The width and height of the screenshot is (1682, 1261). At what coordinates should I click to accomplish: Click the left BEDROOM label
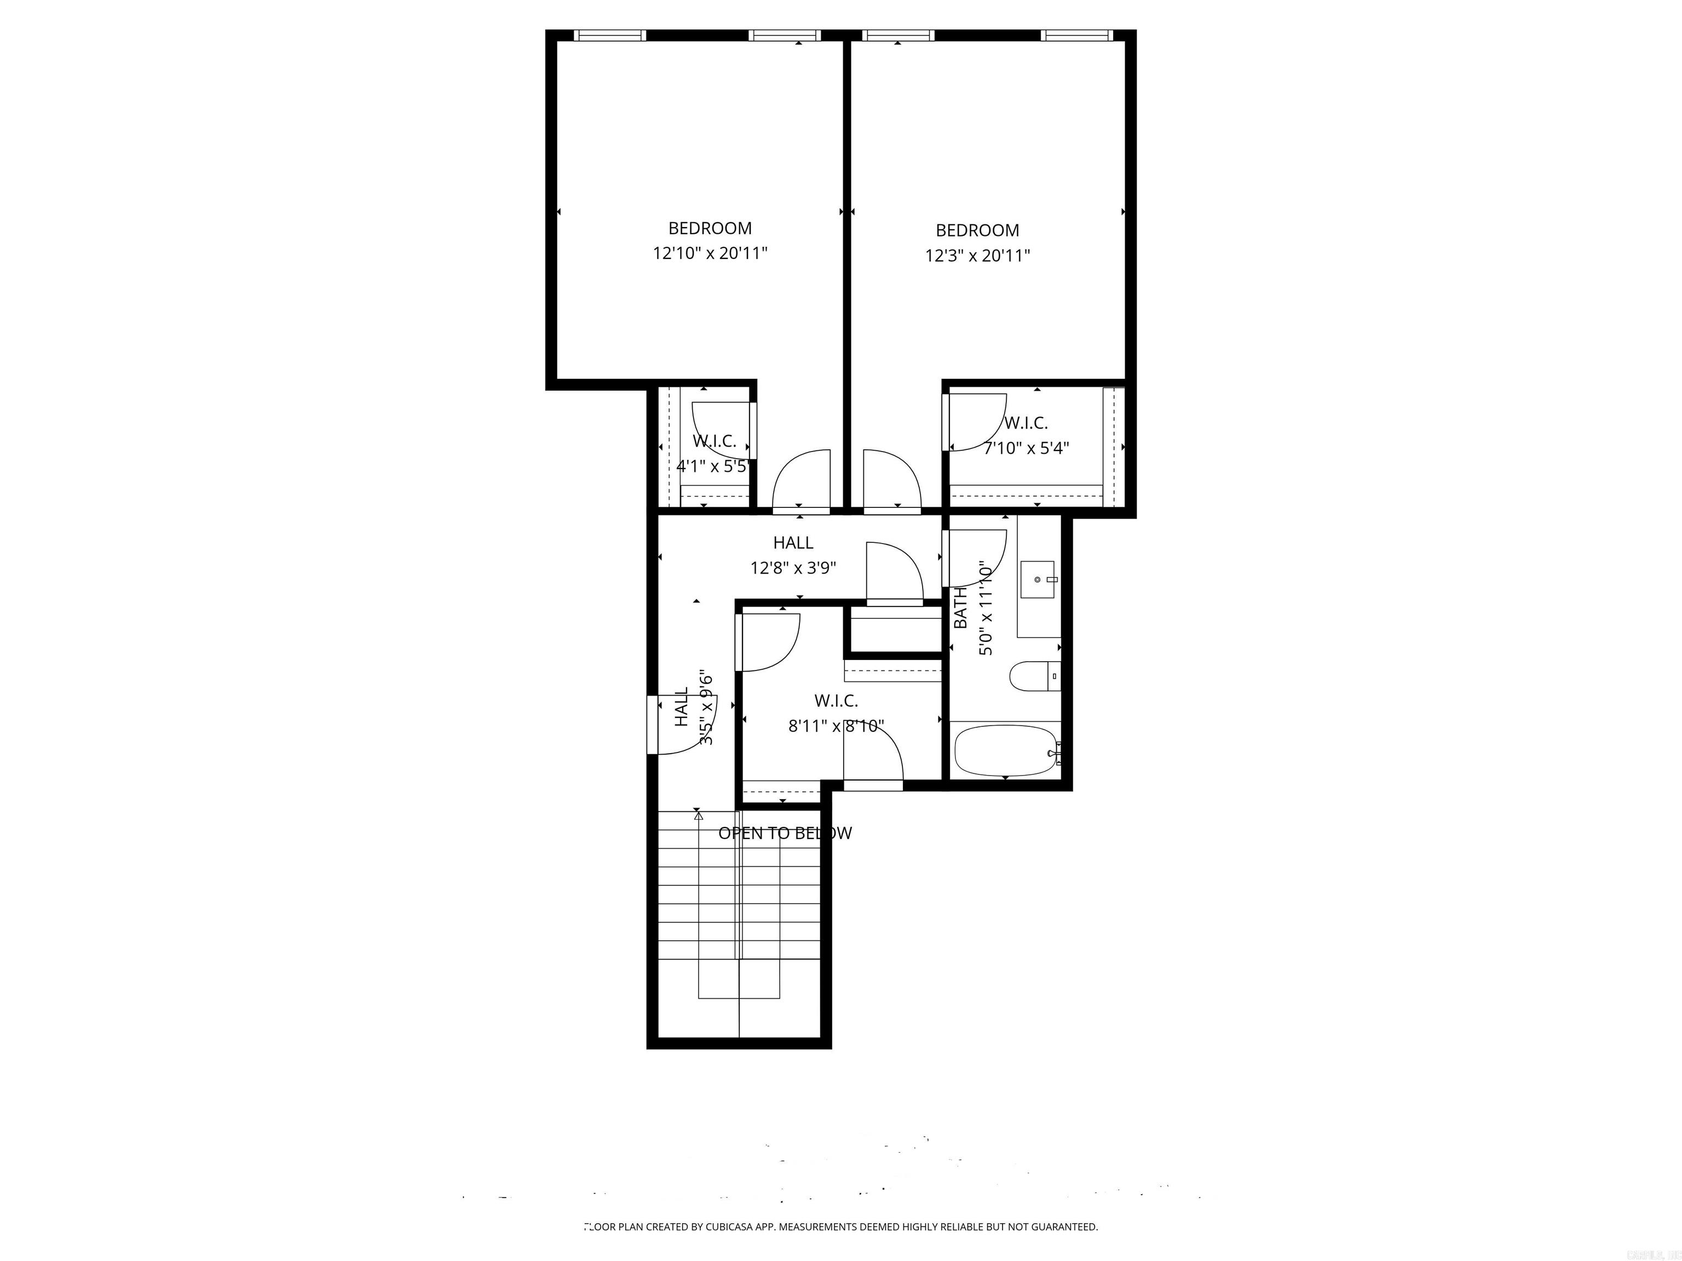point(710,228)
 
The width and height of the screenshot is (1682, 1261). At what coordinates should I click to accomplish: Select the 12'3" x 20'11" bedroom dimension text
point(977,256)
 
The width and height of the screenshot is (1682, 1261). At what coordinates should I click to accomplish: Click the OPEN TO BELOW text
point(785,833)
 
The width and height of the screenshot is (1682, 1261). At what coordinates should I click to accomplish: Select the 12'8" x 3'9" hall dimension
point(793,568)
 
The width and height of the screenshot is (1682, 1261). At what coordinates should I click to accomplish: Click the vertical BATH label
point(960,608)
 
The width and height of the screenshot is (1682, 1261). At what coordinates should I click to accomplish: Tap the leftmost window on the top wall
point(609,35)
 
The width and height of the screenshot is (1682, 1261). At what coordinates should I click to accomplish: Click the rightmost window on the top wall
point(1077,35)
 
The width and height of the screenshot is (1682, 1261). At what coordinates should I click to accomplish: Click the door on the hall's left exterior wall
point(653,725)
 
